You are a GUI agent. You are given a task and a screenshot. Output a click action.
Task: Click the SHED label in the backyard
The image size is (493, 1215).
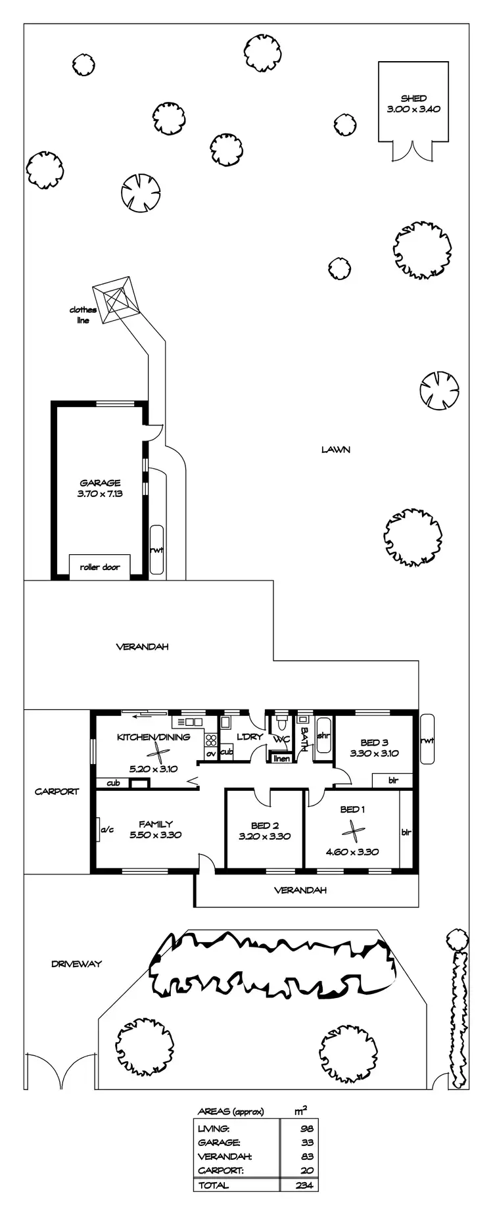[413, 98]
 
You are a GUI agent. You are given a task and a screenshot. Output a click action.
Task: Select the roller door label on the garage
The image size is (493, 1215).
[100, 567]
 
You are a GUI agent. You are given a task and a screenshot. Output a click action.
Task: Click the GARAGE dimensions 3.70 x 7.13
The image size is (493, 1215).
[100, 492]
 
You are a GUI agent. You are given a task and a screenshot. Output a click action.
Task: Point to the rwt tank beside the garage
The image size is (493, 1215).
[156, 550]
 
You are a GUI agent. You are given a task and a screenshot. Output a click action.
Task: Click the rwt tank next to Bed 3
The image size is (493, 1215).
[427, 740]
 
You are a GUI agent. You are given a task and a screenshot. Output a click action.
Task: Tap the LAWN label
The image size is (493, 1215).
[335, 450]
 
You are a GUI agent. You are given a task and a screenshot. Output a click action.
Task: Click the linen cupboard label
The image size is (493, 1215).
[281, 759]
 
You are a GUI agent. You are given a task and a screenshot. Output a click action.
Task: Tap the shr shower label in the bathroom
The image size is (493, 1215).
[323, 736]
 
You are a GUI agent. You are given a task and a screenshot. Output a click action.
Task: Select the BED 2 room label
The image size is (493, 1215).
[265, 826]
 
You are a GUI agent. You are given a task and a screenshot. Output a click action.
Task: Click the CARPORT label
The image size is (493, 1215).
[57, 792]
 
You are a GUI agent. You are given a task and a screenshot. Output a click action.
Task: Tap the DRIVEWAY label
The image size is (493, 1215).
[77, 964]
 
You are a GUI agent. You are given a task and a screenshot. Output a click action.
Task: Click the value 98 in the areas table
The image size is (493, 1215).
[306, 1128]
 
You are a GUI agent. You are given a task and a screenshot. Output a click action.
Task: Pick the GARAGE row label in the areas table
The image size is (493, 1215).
[219, 1142]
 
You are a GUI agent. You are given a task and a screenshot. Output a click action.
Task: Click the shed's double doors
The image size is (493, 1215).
[413, 151]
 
